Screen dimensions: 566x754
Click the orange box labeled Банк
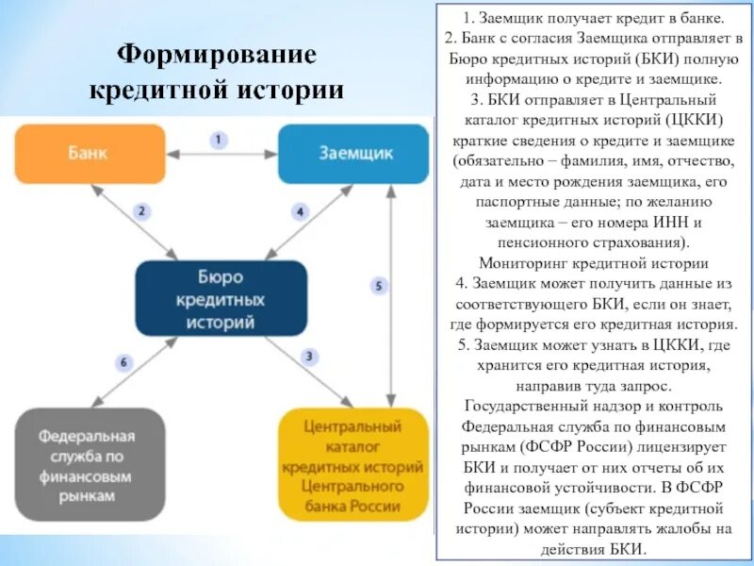click(x=90, y=153)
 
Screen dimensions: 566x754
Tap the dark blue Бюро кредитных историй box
click(x=221, y=300)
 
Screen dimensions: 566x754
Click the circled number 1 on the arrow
click(x=219, y=140)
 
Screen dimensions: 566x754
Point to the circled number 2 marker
click(x=140, y=211)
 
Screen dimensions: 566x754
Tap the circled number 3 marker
click(x=308, y=356)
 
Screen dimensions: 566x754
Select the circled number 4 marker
click(x=300, y=211)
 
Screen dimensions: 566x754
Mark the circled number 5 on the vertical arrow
click(x=378, y=285)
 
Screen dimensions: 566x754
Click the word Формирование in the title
click(x=216, y=55)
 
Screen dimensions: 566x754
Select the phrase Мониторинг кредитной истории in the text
click(x=594, y=264)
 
